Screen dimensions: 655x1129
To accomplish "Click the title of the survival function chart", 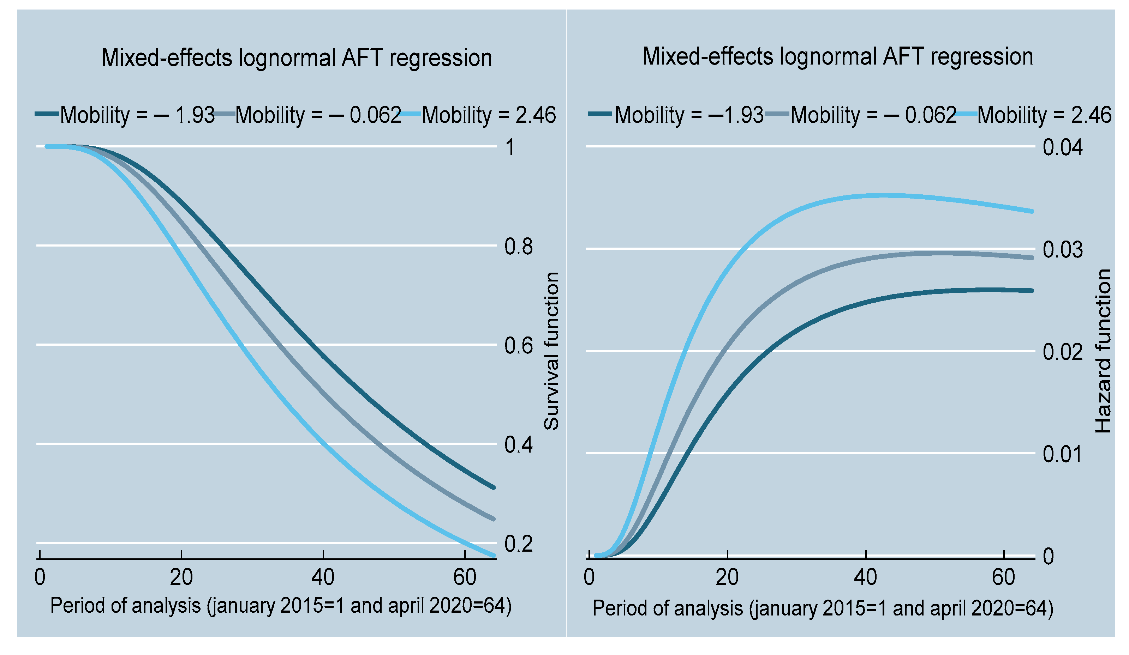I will click(x=297, y=58).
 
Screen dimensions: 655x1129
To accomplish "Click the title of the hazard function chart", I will click(x=837, y=57).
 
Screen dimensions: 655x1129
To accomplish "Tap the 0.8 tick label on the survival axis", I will click(x=518, y=247).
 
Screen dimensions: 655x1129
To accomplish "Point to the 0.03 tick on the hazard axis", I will click(x=1062, y=250).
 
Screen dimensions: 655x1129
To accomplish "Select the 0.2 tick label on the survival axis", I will click(x=518, y=544).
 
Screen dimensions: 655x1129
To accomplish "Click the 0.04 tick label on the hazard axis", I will click(x=1062, y=148).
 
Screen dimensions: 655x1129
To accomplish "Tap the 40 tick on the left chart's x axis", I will click(x=323, y=577).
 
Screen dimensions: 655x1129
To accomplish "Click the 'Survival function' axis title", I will click(x=551, y=351).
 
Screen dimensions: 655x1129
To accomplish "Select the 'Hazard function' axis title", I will click(x=1103, y=351).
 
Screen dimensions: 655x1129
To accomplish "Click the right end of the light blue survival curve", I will click(x=494, y=555).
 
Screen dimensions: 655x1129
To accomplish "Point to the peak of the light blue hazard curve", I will click(x=880, y=195).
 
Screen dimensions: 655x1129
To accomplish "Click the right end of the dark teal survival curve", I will click(x=494, y=487).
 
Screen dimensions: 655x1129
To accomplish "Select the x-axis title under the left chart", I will click(x=281, y=606).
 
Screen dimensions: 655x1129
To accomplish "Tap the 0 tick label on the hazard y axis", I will click(x=1049, y=557).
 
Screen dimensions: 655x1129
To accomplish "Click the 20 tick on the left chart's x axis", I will click(x=181, y=577).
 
